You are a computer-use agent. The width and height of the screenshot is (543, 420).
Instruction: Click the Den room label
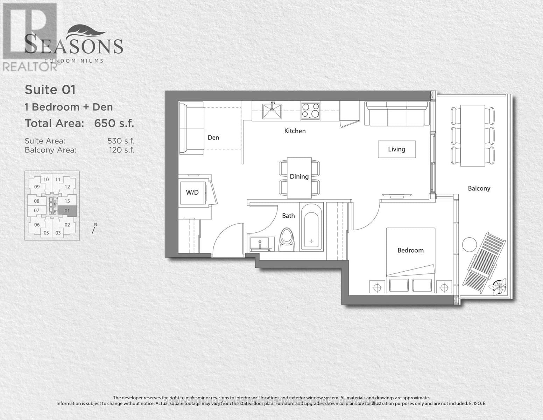(213, 138)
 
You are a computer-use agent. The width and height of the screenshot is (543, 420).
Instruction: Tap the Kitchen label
(295, 131)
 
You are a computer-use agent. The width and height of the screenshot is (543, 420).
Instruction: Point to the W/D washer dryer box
(192, 192)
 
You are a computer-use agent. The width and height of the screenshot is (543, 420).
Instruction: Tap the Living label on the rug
(396, 149)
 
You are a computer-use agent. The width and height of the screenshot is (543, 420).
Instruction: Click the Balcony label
(479, 188)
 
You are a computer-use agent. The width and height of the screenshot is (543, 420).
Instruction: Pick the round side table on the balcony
(469, 244)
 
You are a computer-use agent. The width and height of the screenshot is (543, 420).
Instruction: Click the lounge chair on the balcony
(484, 262)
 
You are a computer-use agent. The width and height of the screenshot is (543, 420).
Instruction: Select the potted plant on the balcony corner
(499, 286)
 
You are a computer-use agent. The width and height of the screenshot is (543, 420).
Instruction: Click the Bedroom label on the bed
(410, 250)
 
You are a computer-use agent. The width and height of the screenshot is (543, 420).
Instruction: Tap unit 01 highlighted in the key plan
(67, 210)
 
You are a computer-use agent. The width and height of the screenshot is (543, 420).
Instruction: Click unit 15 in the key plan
(67, 201)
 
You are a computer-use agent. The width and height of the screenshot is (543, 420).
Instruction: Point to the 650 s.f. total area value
(114, 123)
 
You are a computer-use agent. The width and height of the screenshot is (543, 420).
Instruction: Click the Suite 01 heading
(50, 90)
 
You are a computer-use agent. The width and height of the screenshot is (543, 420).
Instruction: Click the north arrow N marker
(94, 228)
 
